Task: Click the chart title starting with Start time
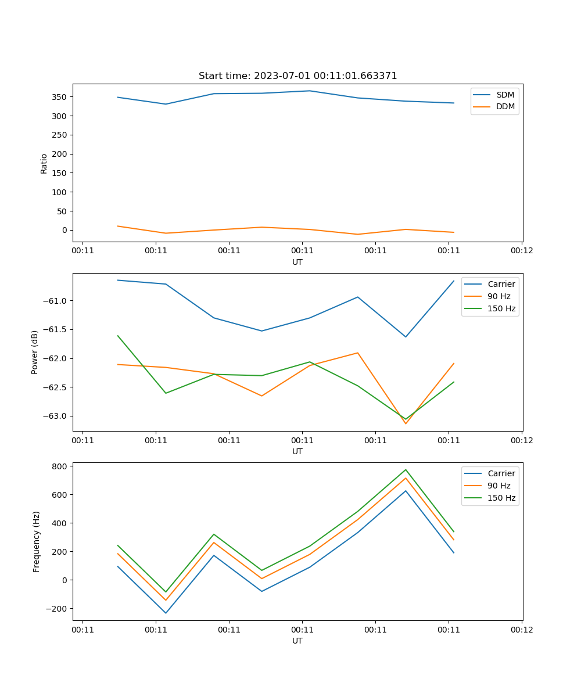pyautogui.click(x=297, y=76)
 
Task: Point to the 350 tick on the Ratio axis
pyautogui.click(x=60, y=97)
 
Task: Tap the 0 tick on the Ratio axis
pyautogui.click(x=65, y=230)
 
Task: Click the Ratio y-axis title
pyautogui.click(x=44, y=164)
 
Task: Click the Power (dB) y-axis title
pyautogui.click(x=35, y=352)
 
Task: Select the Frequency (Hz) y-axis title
pyautogui.click(x=37, y=541)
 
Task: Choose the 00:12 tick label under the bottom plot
pyautogui.click(x=522, y=630)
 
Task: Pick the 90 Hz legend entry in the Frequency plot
pyautogui.click(x=499, y=486)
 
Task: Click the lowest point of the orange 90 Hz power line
pyautogui.click(x=406, y=423)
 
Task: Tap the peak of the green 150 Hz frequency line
pyautogui.click(x=406, y=469)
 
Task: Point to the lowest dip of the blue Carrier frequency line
pyautogui.click(x=166, y=613)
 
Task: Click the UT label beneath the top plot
pyautogui.click(x=297, y=263)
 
